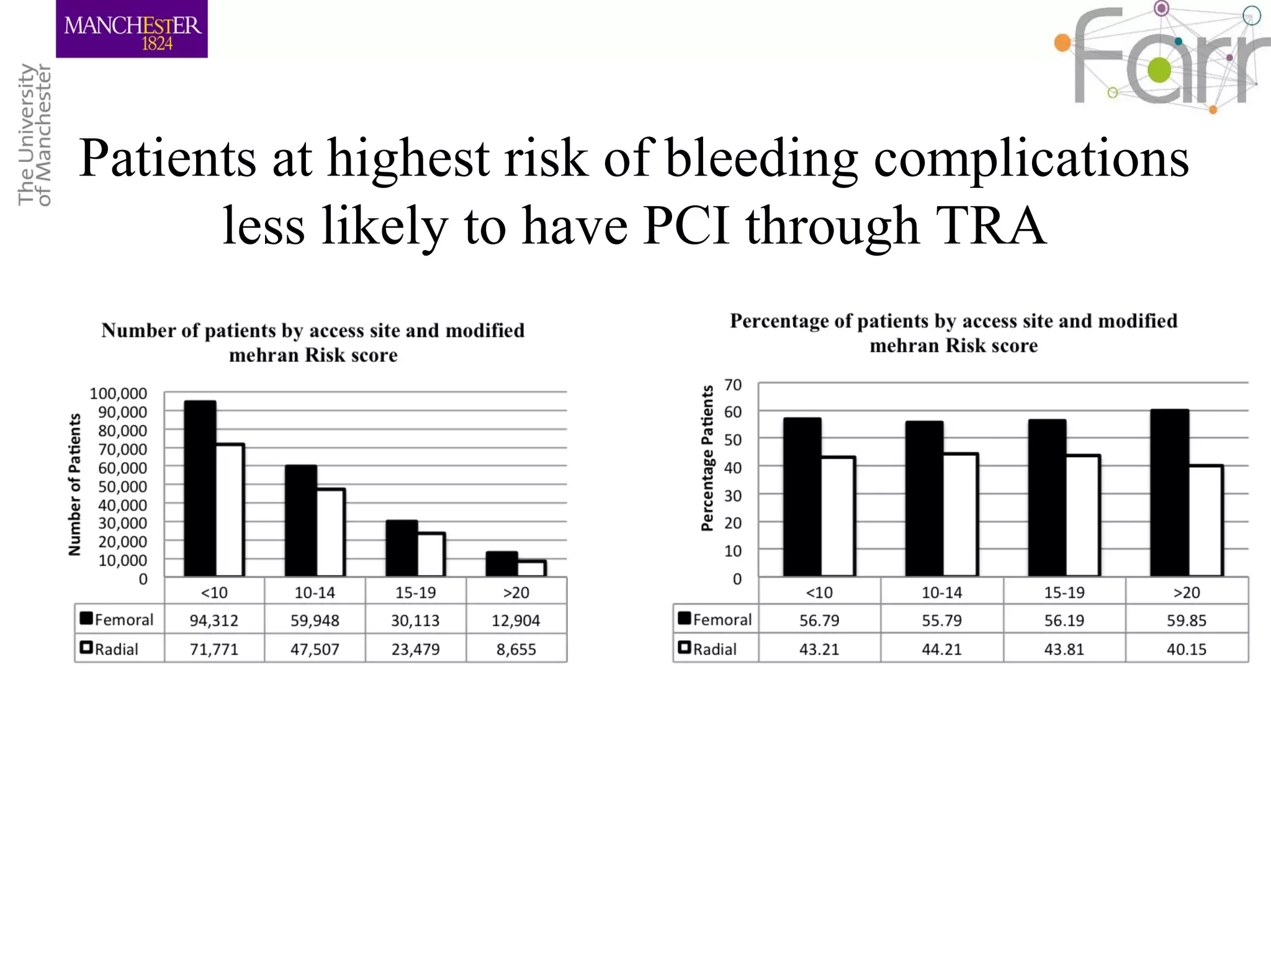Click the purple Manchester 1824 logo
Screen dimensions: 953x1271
(132, 29)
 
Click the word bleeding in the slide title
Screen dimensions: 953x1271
(761, 158)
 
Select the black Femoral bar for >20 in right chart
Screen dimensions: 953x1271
(1169, 493)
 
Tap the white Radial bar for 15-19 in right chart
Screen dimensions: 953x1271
(1083, 516)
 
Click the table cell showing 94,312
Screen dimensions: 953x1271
(213, 620)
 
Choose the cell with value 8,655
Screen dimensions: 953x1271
(516, 649)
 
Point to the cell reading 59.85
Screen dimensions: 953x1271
(1186, 620)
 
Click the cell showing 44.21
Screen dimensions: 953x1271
(941, 649)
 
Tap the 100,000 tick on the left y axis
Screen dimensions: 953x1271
(119, 393)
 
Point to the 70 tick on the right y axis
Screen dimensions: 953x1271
(733, 385)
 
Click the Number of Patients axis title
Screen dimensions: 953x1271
(74, 485)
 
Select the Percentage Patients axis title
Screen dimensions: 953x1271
(707, 459)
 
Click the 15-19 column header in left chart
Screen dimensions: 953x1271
(415, 593)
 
